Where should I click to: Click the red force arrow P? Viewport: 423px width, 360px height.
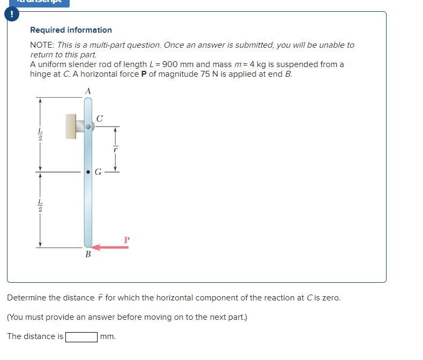click(x=109, y=247)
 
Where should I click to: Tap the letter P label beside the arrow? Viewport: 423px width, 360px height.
click(x=127, y=240)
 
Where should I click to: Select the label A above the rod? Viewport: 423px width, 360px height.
click(x=88, y=91)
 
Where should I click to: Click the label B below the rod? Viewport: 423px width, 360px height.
click(x=88, y=255)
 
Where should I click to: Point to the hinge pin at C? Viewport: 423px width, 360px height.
click(x=90, y=127)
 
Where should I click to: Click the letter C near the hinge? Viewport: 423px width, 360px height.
click(x=99, y=118)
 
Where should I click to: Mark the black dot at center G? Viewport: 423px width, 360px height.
click(x=88, y=172)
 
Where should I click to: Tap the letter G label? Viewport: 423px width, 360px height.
click(x=98, y=172)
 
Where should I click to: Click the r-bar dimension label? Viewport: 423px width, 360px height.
click(x=114, y=149)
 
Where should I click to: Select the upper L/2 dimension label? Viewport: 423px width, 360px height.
click(x=39, y=134)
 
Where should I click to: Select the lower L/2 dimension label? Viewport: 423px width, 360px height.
click(x=39, y=206)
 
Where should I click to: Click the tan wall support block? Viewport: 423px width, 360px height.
click(x=71, y=126)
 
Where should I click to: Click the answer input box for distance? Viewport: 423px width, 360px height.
click(x=81, y=337)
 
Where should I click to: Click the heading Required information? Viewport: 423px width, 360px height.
click(x=71, y=30)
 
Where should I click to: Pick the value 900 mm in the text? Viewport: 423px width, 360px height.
click(x=168, y=64)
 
